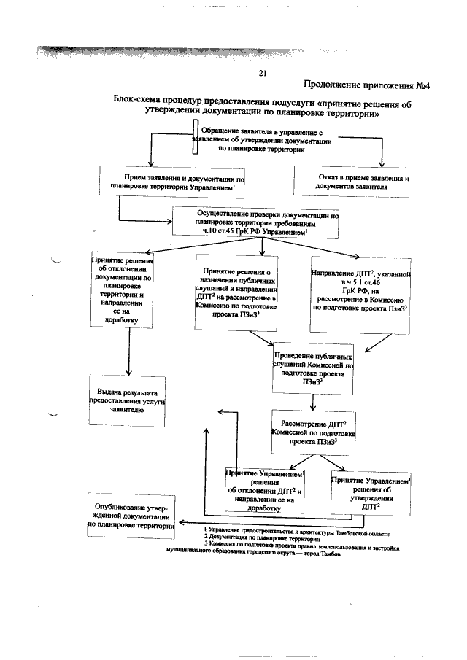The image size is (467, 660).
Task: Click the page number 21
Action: tap(263, 72)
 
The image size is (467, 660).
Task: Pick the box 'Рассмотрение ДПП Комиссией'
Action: tap(314, 431)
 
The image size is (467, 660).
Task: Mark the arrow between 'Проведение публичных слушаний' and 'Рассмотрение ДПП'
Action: tap(313, 402)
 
